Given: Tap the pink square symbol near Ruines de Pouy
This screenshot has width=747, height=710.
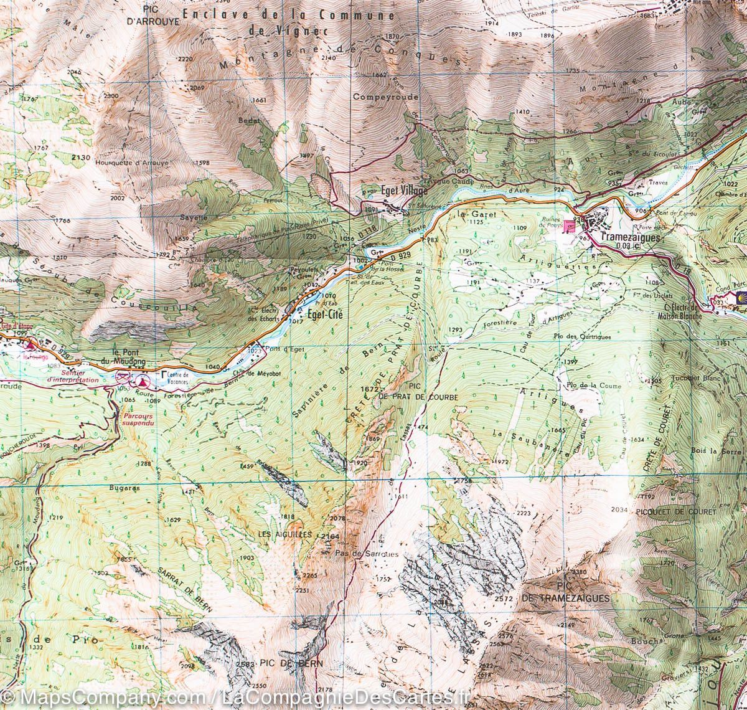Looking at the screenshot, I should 568,226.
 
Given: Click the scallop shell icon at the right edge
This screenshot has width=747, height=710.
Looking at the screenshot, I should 741,296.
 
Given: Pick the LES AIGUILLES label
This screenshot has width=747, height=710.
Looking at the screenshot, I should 284,534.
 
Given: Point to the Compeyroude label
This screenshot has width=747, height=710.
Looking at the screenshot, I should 385,97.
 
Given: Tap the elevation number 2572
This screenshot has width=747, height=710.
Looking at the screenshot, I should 502,599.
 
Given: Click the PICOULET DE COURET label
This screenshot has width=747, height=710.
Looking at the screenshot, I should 667,511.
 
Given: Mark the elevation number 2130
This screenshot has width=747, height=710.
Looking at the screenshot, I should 81,158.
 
